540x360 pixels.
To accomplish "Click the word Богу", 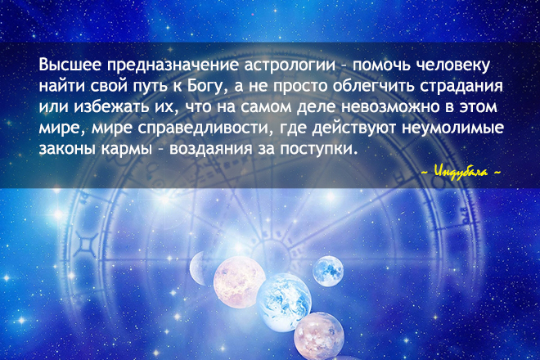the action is tap(208, 88).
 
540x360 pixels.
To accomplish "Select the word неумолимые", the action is tap(453, 128).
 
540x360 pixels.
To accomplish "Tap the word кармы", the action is tap(127, 150).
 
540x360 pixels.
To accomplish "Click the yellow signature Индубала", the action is tap(461, 172).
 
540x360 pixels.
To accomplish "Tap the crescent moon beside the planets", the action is tap(197, 268).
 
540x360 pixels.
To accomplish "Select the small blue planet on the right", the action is tap(328, 271).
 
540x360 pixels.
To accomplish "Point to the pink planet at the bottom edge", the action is tap(319, 336).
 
